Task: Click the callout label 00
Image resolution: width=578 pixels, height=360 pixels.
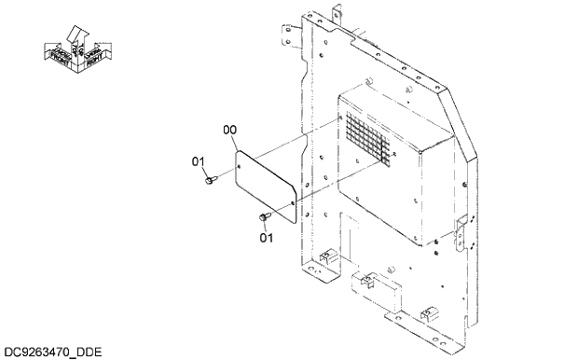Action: [229, 131]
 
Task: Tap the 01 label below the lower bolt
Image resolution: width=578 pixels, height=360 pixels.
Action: [266, 237]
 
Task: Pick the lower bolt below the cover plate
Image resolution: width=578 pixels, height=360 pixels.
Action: [262, 218]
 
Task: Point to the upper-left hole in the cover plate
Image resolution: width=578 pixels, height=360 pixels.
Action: [241, 161]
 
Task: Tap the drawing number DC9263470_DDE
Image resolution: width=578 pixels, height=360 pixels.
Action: [51, 352]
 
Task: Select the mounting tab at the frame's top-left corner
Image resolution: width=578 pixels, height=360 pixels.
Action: [286, 29]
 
